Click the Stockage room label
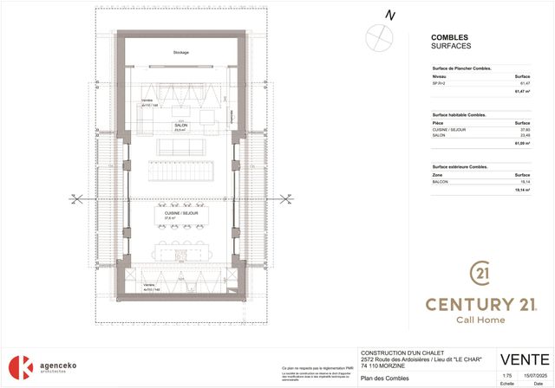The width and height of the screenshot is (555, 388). (x=180, y=52)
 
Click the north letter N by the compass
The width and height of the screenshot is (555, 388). (x=390, y=15)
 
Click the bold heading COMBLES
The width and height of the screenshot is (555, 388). (x=449, y=37)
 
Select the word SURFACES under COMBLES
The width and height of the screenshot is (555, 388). (x=452, y=47)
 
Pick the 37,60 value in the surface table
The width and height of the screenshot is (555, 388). (x=523, y=130)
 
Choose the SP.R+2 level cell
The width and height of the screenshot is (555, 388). (x=440, y=84)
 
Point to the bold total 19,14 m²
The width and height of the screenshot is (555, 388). (x=520, y=190)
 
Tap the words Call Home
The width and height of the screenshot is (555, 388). (x=480, y=320)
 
